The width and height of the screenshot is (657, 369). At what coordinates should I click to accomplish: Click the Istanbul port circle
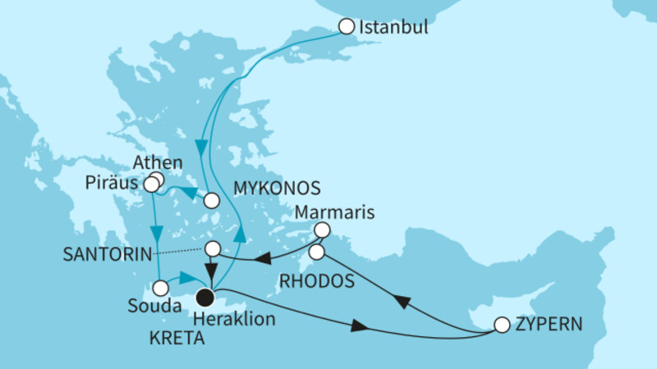[347, 27]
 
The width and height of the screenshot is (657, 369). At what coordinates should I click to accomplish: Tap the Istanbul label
[393, 28]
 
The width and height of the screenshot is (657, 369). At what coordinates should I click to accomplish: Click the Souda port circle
[161, 288]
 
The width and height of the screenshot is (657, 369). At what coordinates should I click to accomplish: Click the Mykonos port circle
[212, 199]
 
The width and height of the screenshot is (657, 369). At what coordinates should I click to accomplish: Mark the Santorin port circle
[213, 248]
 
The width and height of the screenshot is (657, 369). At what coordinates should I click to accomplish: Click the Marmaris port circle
[323, 230]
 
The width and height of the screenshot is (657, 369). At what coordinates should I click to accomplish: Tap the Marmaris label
[338, 212]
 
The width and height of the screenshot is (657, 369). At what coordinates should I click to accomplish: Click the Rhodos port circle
[318, 251]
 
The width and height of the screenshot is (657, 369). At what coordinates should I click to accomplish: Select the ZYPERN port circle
[502, 325]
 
